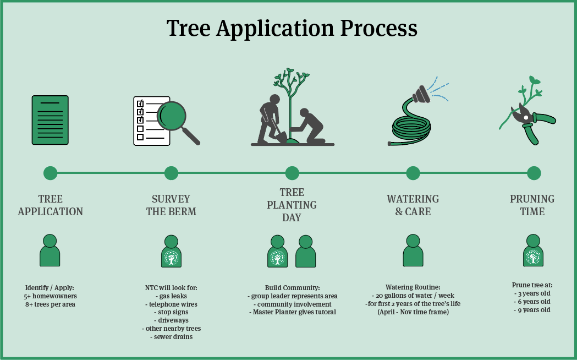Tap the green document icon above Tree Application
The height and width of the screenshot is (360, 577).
[50, 120]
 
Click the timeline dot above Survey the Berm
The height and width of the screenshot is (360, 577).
[171, 173]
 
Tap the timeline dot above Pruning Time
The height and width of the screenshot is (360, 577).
[534, 173]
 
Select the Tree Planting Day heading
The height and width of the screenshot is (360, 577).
[292, 205]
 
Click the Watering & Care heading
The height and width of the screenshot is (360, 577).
[413, 205]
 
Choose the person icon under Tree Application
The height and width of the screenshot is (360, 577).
[50, 250]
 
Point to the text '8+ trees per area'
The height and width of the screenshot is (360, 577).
[50, 304]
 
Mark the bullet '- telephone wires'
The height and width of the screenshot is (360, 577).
[171, 304]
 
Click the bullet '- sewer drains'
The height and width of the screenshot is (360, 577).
[171, 336]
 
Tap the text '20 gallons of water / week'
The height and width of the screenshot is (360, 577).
[413, 296]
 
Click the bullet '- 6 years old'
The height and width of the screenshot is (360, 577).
[531, 302]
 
